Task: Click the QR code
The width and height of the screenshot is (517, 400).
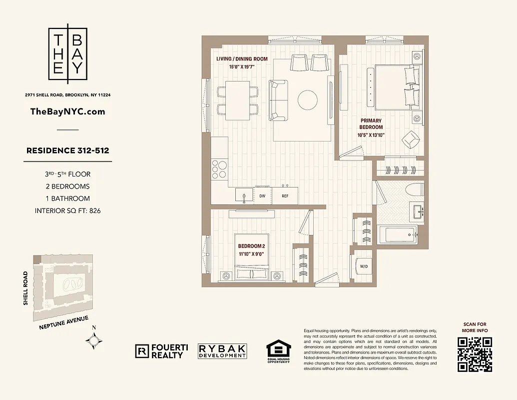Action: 475,354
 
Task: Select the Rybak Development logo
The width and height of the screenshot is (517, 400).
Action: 222,351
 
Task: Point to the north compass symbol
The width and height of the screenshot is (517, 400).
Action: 94,340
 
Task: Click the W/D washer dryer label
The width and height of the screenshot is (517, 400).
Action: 364,266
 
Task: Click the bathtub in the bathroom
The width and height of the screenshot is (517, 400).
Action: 398,234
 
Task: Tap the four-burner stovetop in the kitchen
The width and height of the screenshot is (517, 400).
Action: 219,168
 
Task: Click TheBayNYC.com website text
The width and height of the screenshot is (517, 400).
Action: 67,111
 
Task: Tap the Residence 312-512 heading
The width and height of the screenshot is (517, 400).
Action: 67,150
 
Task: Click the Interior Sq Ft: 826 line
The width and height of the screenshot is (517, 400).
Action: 67,210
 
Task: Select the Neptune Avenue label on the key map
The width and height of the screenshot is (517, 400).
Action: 63,323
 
